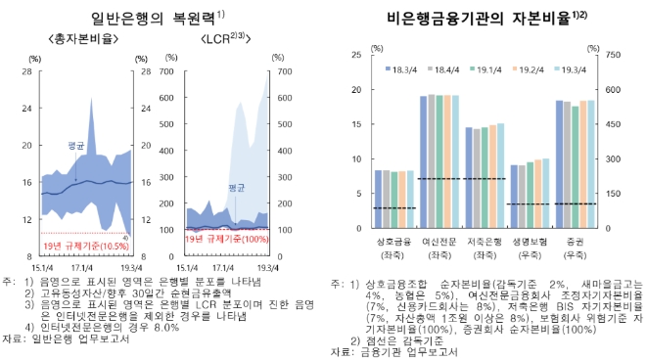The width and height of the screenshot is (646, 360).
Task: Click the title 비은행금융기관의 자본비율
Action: [469, 17]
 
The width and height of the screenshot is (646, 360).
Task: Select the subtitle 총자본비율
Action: [90, 40]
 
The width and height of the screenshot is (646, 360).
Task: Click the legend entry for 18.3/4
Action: [405, 69]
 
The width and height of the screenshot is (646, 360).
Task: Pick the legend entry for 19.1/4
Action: [491, 69]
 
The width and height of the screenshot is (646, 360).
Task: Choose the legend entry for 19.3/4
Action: [577, 69]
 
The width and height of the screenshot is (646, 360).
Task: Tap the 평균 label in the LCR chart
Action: [235, 186]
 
